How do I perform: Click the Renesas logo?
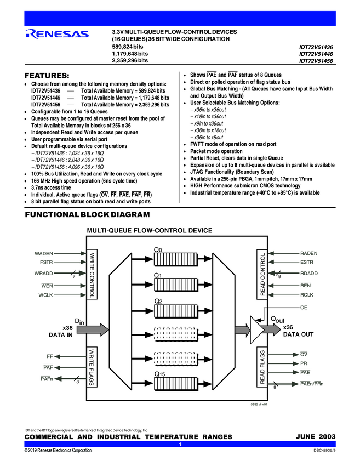pos(56,35)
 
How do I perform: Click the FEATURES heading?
pos(46,75)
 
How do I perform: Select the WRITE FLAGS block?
pos(92,367)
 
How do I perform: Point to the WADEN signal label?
pos(44,253)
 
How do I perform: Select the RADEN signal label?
pos(309,253)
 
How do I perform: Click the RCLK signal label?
pos(307,295)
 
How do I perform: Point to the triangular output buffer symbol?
pos(257,327)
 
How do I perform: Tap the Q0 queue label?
pos(158,250)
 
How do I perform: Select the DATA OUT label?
pos(298,334)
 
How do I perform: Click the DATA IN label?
pos(61,334)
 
